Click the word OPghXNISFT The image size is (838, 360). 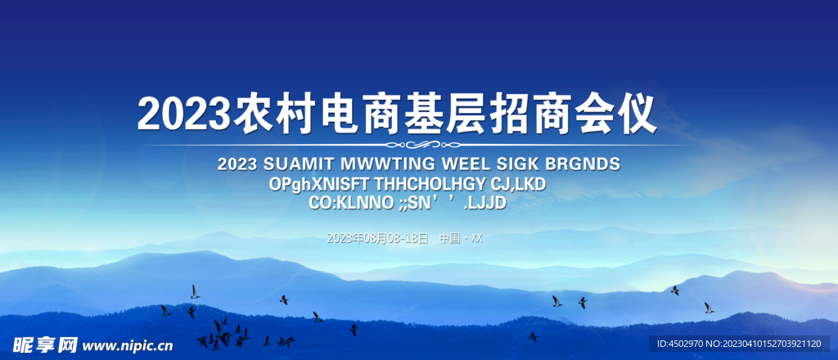coord(319,185)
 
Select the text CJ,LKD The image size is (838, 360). coord(518,185)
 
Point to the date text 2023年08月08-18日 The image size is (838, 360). coord(377,238)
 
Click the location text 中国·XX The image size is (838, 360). coord(461,238)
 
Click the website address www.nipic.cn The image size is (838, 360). coord(127,345)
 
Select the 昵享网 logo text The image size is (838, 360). coord(46,344)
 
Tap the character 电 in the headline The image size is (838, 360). coord(340,114)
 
